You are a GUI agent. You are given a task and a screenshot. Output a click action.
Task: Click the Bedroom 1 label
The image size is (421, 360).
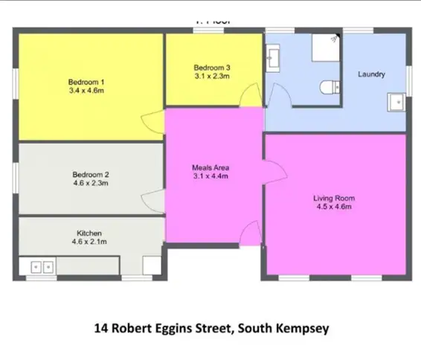86,82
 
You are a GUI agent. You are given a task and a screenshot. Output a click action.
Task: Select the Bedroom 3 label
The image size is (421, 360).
212,65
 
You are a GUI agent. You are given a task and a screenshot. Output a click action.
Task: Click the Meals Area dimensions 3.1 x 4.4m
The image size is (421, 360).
210,176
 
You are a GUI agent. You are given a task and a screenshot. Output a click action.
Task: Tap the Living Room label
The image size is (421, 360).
333,199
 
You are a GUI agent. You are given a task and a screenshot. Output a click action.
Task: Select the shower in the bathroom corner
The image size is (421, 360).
324,47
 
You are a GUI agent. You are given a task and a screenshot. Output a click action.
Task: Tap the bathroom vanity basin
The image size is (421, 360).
272,55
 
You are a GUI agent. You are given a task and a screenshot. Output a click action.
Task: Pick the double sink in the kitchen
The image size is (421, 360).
40,266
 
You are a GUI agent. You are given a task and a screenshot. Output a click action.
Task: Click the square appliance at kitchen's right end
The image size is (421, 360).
152,266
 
